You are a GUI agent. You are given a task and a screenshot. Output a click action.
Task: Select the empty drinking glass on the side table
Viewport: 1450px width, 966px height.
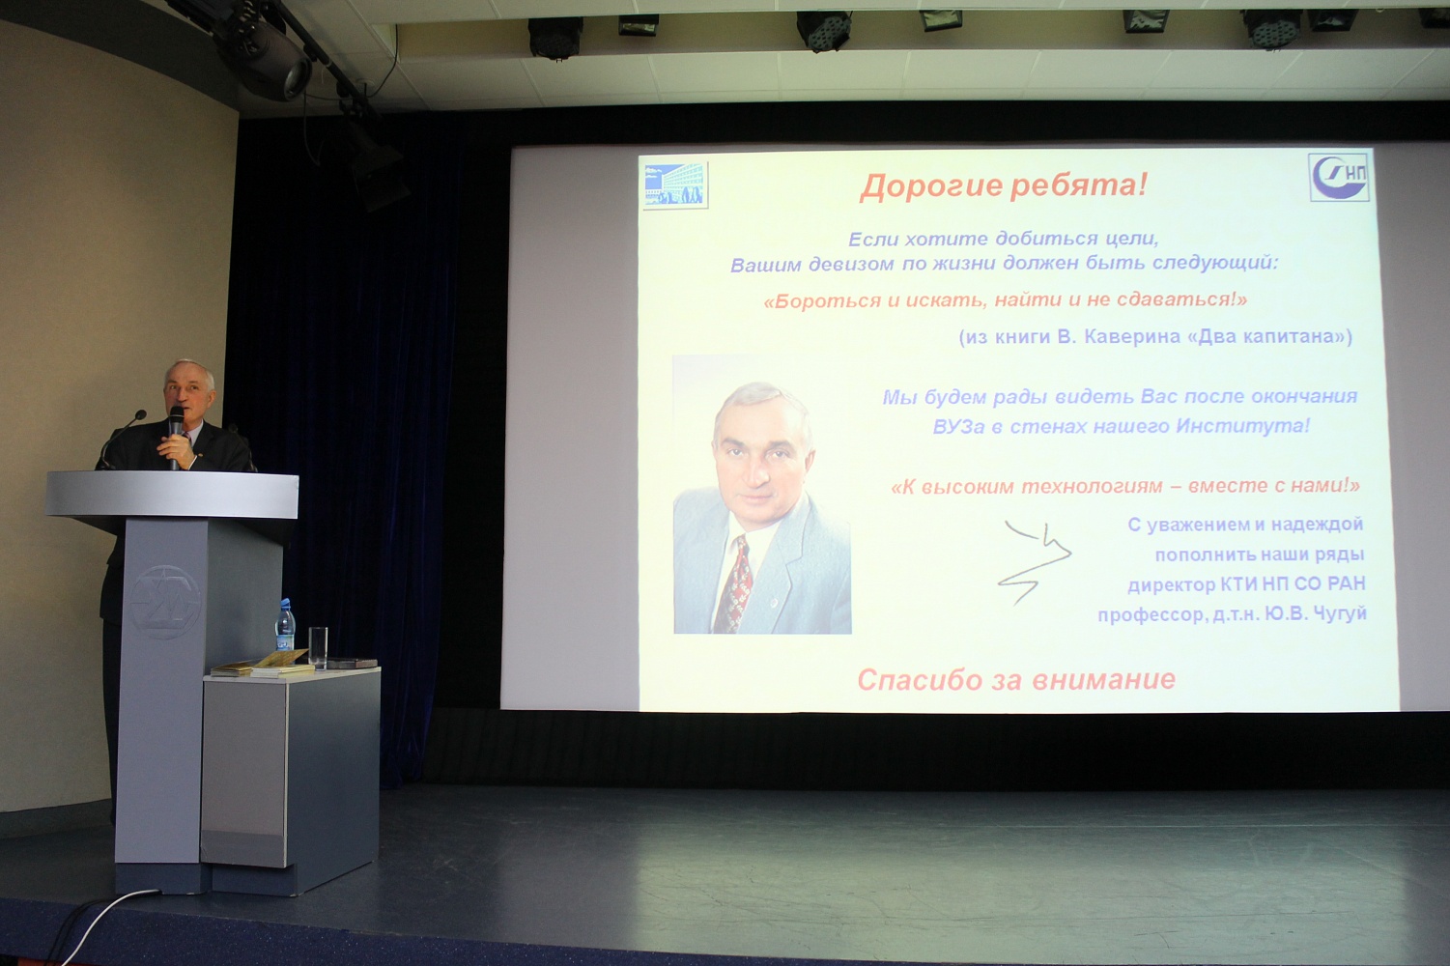tap(318, 647)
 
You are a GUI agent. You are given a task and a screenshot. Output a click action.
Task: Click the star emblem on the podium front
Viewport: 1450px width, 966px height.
tap(166, 602)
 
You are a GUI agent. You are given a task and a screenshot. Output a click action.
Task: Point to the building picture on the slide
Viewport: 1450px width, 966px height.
tap(675, 185)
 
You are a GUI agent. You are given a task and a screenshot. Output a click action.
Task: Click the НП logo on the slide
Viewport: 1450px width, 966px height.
tap(1339, 177)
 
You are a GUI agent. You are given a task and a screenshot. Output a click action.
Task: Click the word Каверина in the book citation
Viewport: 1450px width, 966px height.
tap(1129, 337)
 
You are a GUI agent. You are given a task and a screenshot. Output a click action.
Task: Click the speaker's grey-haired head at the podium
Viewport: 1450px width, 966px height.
tap(189, 388)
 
